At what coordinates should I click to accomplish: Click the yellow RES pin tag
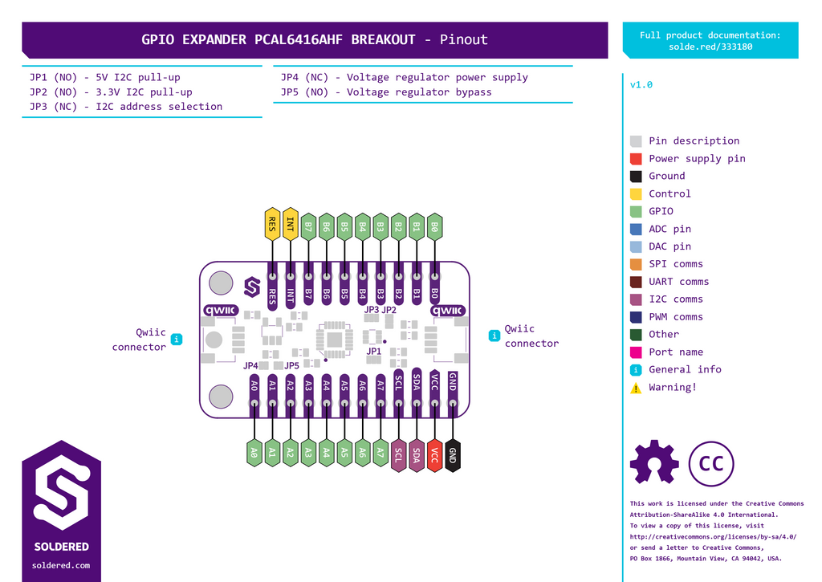click(x=272, y=225)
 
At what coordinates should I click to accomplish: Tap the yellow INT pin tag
click(x=290, y=225)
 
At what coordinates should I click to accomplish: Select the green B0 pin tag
click(x=434, y=227)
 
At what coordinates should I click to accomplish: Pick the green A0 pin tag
click(x=254, y=453)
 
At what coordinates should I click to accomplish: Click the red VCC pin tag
click(x=434, y=455)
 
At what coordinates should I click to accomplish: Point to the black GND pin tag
click(x=453, y=455)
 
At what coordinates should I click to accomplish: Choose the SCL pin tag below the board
click(x=398, y=455)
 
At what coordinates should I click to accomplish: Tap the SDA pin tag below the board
click(x=417, y=455)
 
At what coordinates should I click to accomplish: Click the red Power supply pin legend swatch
click(x=636, y=159)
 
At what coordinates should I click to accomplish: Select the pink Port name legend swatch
click(x=636, y=352)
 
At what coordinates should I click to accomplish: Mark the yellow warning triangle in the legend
click(x=636, y=388)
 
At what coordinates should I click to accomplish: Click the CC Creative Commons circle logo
click(x=711, y=463)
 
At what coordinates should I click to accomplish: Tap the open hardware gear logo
click(x=654, y=462)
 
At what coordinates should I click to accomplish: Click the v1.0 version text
click(x=641, y=85)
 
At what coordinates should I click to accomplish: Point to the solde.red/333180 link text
click(x=710, y=47)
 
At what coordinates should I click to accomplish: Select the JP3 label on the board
click(x=371, y=310)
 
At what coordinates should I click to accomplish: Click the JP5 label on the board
click(x=291, y=365)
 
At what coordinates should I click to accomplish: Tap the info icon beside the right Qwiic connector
click(x=494, y=336)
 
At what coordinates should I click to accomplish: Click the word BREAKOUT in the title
click(x=383, y=40)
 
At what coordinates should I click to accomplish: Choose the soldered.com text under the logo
click(x=61, y=565)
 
